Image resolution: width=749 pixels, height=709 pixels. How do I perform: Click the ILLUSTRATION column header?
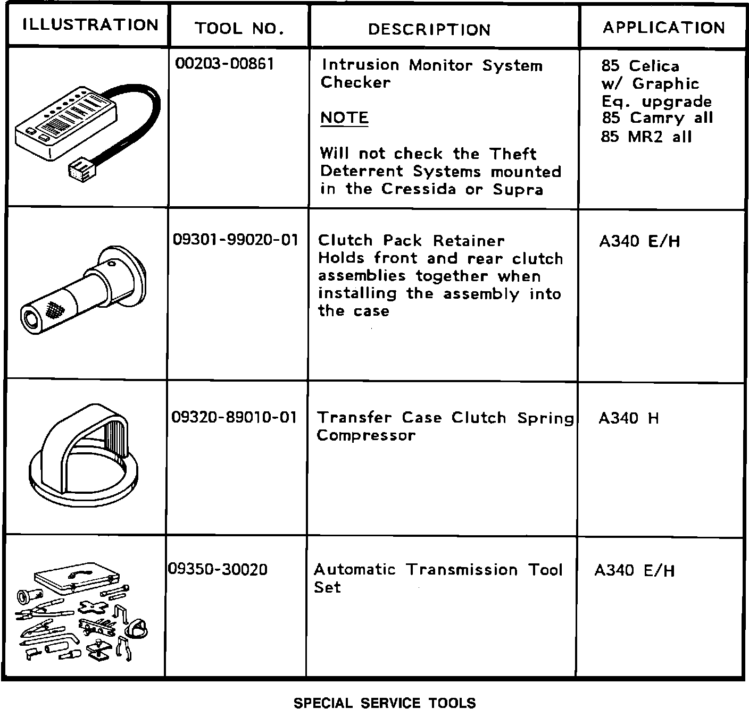tap(90, 25)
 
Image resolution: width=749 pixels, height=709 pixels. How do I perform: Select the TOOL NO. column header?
tap(239, 28)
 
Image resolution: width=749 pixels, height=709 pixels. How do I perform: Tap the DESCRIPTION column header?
tap(429, 29)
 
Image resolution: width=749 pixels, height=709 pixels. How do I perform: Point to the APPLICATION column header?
tap(663, 28)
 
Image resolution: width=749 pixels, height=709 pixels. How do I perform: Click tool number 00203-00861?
tap(224, 64)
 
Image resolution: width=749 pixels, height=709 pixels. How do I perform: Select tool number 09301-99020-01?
tap(236, 240)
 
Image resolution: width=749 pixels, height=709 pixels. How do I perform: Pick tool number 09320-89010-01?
tap(234, 417)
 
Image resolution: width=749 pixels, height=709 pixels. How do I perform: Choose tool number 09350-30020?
tap(218, 570)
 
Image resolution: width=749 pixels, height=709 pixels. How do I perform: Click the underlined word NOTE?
tap(344, 117)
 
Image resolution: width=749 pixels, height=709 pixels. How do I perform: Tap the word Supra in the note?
tap(518, 190)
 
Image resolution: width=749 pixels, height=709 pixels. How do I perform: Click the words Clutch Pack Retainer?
tap(411, 240)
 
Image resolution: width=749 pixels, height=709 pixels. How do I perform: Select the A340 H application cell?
tap(628, 418)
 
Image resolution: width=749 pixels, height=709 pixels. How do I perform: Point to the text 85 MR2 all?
tap(646, 137)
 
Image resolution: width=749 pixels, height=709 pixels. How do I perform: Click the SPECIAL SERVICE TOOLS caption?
tap(385, 703)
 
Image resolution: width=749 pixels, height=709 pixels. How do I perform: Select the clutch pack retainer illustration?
tap(85, 290)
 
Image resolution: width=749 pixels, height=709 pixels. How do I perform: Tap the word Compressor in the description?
tap(365, 435)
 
